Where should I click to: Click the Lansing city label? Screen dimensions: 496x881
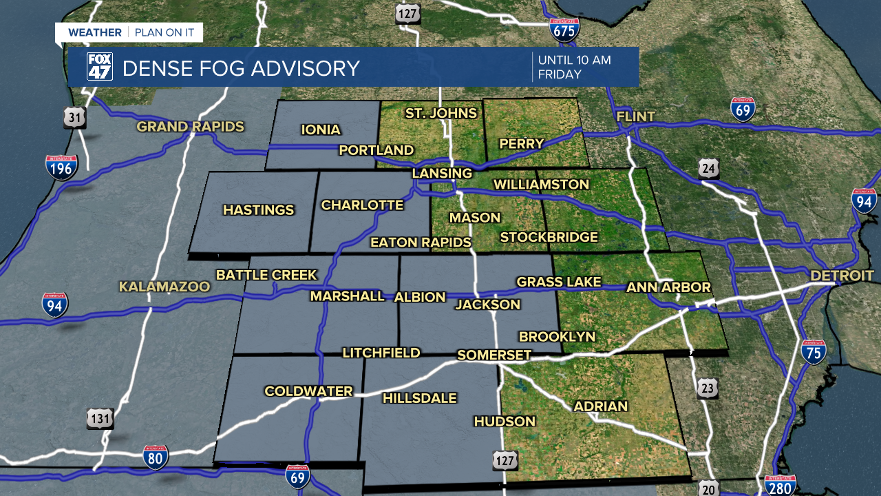pos(442,173)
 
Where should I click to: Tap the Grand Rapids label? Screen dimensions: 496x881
pos(191,127)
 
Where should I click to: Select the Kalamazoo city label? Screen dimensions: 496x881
pos(164,287)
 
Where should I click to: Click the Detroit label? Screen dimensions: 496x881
pos(842,276)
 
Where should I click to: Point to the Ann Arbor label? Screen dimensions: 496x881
pos(668,287)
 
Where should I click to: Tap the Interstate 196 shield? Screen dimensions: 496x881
pos(61,167)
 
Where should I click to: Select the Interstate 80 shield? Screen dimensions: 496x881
pos(156,457)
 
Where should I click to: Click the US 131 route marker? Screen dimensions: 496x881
pos(100,418)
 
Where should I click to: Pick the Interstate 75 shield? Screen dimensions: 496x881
pos(814,351)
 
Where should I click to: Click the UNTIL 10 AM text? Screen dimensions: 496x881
pos(575,60)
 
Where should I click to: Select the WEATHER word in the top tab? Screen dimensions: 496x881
pos(95,32)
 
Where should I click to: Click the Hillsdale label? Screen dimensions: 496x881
pos(420,398)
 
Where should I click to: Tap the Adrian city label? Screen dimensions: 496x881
pos(601,406)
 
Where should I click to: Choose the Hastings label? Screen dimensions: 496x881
pos(259,210)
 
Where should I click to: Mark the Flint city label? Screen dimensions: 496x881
pos(636,116)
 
